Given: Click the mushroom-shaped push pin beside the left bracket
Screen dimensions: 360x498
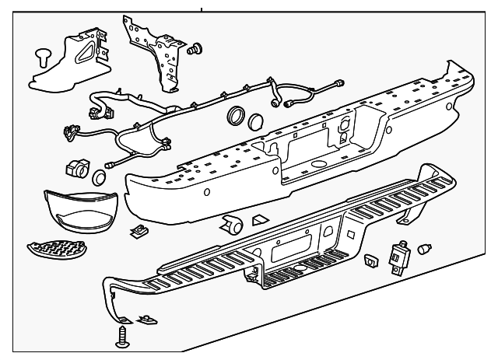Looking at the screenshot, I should (x=44, y=56).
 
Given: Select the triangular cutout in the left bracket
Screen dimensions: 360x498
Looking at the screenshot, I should (x=81, y=54).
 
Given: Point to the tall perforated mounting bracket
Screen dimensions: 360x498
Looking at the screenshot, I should (x=155, y=53).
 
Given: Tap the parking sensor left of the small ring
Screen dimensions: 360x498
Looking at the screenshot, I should (x=77, y=169).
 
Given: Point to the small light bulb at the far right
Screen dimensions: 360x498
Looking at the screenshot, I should (x=426, y=249).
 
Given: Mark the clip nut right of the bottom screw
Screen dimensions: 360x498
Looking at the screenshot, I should (x=144, y=319).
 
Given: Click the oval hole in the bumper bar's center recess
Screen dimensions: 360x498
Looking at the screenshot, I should (x=317, y=166).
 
